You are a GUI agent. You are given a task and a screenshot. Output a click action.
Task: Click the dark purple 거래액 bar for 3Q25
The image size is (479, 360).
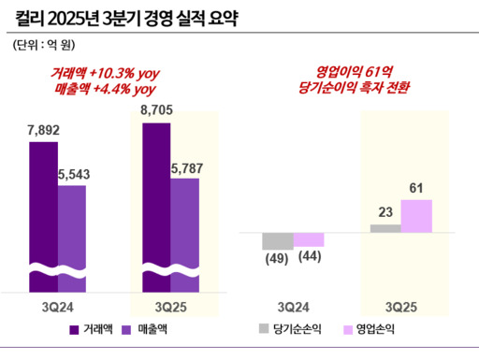click(157, 201)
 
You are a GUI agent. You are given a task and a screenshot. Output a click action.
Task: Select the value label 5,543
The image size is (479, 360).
click(74, 175)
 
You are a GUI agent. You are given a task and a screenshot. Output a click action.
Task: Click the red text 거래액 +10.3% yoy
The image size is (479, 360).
click(103, 73)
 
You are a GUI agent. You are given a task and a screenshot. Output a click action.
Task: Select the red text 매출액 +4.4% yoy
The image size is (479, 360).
click(103, 90)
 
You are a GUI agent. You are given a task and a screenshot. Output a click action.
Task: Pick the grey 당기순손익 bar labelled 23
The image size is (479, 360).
click(385, 228)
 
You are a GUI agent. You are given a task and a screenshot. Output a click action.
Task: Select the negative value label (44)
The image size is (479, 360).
click(310, 259)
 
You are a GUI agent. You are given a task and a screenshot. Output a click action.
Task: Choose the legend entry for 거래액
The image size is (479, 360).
click(94, 329)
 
